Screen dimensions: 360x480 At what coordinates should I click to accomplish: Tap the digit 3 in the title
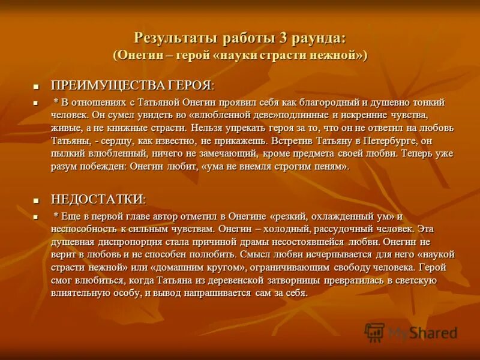coord(282,38)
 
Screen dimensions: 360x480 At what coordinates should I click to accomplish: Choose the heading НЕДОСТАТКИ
coord(97,199)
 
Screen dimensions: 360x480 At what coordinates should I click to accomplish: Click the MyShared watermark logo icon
coord(374,332)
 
